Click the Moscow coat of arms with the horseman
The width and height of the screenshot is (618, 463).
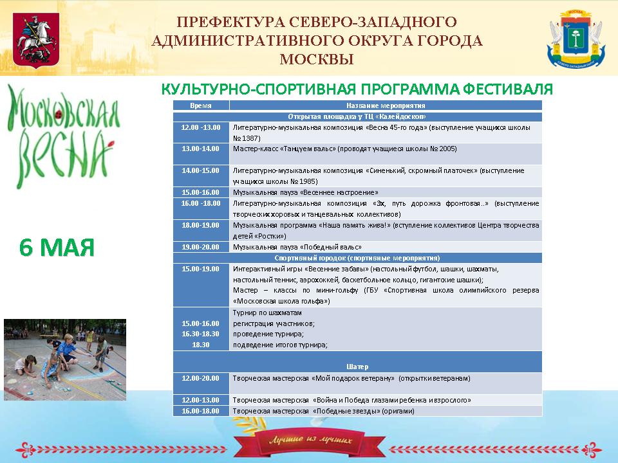tap(36, 40)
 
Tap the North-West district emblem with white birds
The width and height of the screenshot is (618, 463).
tap(576, 39)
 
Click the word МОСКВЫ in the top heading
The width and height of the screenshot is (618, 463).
tap(317, 59)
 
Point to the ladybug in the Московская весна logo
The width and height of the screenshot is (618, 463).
tap(59, 114)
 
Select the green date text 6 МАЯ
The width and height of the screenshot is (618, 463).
tap(57, 248)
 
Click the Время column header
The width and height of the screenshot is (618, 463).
tap(201, 105)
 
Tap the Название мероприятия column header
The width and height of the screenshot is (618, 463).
tap(386, 105)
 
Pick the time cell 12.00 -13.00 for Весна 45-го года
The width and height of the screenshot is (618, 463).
tap(201, 127)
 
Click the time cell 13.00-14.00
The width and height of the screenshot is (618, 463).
tap(201, 149)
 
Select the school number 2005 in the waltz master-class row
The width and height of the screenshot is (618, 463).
tap(448, 149)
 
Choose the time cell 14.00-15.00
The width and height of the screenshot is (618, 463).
tap(201, 170)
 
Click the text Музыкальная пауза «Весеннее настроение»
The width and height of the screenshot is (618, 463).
tap(305, 192)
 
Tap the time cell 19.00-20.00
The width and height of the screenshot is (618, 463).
tap(201, 247)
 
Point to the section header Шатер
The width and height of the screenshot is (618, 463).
tap(357, 367)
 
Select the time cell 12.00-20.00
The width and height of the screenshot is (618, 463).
tap(201, 378)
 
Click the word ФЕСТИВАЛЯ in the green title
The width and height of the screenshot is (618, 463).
tap(508, 89)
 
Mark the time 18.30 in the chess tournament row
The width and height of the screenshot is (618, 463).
tap(201, 345)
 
